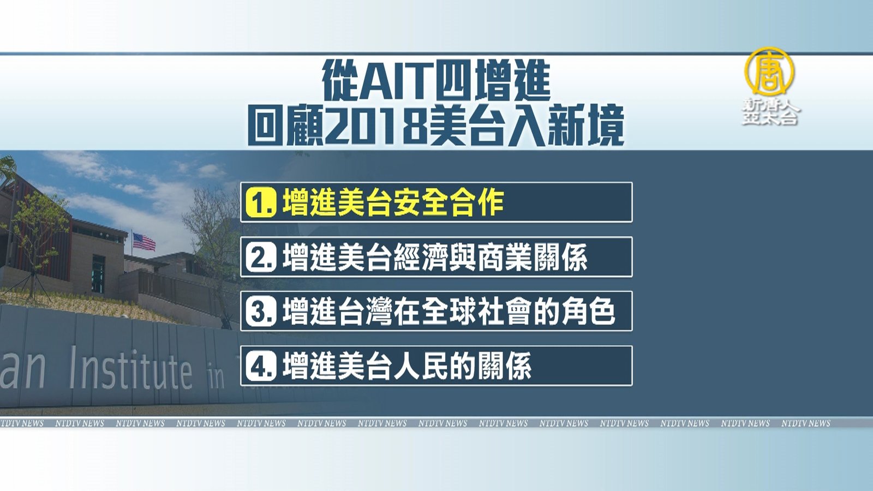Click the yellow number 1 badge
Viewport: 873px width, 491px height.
(261, 202)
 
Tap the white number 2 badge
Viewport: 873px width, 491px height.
(261, 257)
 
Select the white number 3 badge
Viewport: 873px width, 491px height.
(261, 312)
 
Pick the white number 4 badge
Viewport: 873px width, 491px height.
(261, 366)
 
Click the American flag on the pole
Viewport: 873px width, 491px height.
(144, 242)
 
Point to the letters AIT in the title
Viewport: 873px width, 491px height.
(396, 81)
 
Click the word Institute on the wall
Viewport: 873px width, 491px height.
(130, 368)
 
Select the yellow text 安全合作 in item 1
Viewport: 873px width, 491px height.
(448, 202)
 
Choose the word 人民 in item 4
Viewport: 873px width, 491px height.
(421, 366)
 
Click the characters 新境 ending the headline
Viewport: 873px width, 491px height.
(586, 127)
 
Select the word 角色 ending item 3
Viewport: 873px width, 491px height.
(588, 312)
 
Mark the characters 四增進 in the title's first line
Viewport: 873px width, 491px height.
(492, 81)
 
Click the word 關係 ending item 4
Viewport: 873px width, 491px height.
(504, 366)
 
